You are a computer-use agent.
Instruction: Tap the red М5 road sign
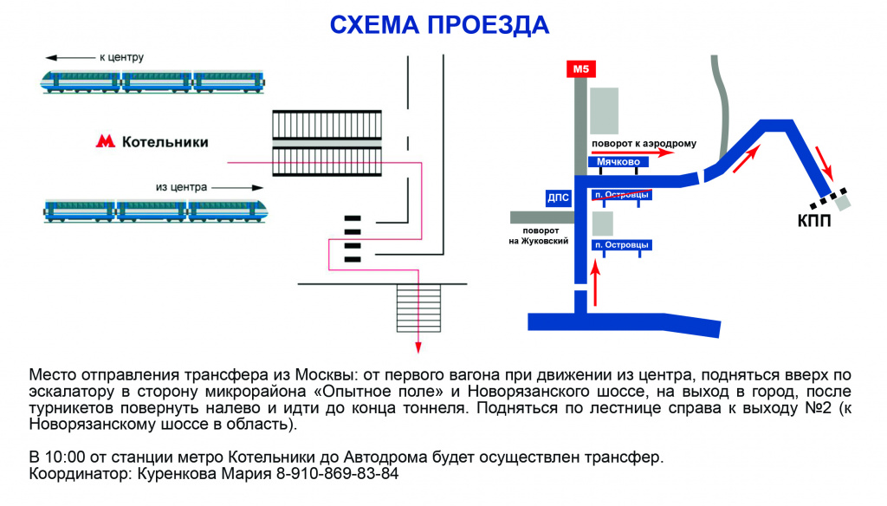click(x=579, y=69)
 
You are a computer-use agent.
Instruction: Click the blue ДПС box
click(x=559, y=198)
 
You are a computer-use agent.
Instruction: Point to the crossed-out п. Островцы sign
click(x=621, y=195)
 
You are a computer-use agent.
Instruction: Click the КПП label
click(x=814, y=221)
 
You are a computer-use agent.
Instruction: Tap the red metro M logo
click(x=105, y=141)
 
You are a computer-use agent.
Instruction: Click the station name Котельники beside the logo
click(x=165, y=141)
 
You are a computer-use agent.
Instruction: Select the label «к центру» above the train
click(x=122, y=57)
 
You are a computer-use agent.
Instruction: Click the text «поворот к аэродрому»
click(x=644, y=144)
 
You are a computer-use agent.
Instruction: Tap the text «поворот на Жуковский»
click(x=538, y=237)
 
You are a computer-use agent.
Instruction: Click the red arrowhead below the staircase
click(x=418, y=348)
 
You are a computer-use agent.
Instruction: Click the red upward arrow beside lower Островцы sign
click(x=595, y=284)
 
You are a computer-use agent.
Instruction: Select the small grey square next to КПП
click(x=843, y=201)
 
